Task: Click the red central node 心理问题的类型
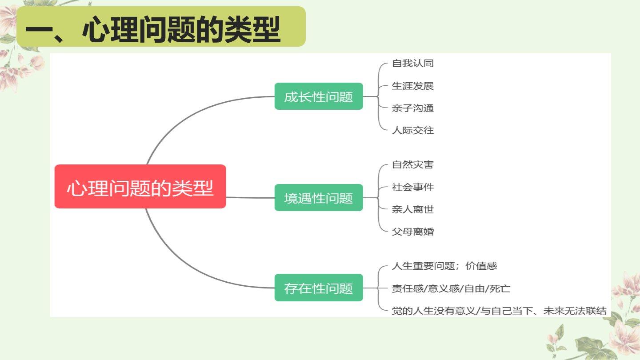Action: coord(140,187)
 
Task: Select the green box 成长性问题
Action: coord(319,96)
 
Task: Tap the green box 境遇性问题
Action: coord(319,198)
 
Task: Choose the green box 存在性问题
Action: coord(319,288)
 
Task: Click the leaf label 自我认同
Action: coord(412,63)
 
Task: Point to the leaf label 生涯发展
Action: coord(412,86)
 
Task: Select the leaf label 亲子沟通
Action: coord(412,108)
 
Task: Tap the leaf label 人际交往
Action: coord(412,131)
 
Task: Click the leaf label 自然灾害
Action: coord(412,165)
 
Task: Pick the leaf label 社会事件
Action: coord(412,187)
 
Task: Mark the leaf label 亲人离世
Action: coord(412,209)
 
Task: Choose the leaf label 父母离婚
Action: coord(412,232)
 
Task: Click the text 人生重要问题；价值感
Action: coord(444,266)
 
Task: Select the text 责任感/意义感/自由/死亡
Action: coord(451,288)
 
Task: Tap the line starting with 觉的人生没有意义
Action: coord(499,311)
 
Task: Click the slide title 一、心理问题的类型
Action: coord(152,30)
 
